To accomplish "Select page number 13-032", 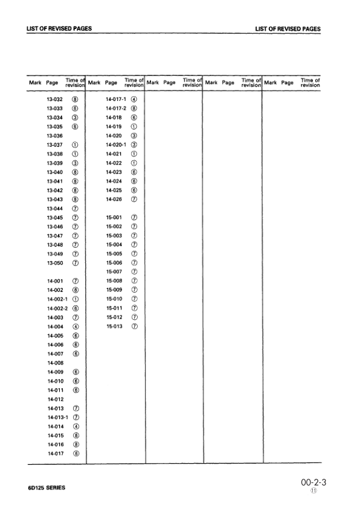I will [x=55, y=99].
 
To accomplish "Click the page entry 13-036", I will [x=55, y=137].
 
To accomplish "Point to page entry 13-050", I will [x=55, y=263].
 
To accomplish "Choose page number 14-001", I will [x=55, y=281].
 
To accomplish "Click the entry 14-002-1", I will [x=57, y=299].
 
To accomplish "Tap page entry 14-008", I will [x=55, y=362].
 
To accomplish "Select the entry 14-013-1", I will [x=57, y=417].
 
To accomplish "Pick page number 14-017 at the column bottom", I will [x=55, y=453].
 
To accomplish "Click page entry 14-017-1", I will [x=116, y=99].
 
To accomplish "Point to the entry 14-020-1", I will [x=116, y=145].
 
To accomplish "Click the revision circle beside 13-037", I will [x=75, y=145].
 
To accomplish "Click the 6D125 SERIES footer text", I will [x=47, y=489].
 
